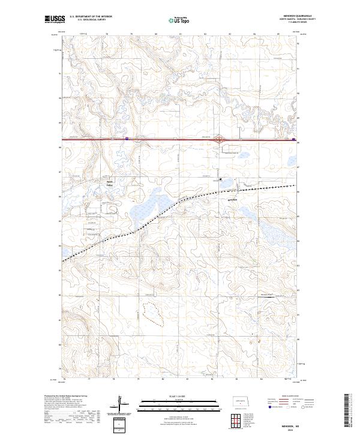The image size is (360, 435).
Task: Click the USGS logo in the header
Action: tap(55, 19)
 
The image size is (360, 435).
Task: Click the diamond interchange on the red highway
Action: tap(221, 139)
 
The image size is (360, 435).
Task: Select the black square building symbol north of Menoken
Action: tap(220, 179)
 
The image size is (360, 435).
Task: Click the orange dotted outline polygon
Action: tap(153, 313)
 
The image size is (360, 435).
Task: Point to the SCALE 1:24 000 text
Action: tap(179, 395)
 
